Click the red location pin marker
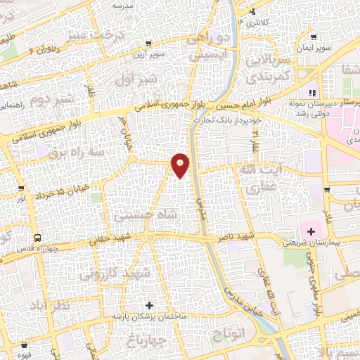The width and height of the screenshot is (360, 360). (181, 164)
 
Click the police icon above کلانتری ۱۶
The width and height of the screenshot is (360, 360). (252, 12)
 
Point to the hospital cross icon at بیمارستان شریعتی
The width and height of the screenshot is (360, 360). (311, 231)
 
